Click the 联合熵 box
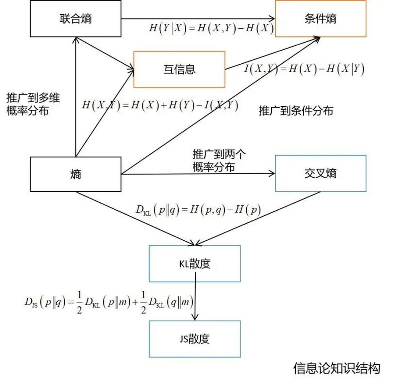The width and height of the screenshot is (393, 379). [x=76, y=19]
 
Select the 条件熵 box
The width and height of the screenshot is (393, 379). [x=320, y=19]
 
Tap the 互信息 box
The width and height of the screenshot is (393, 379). [x=179, y=69]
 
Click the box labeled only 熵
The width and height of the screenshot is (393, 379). [x=76, y=174]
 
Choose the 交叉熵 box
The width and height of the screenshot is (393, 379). [x=320, y=173]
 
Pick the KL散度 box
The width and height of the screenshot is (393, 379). [x=195, y=264]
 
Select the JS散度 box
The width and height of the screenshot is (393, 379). [x=195, y=339]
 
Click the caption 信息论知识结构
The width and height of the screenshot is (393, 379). [x=337, y=368]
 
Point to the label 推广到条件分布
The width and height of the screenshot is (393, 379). [x=296, y=111]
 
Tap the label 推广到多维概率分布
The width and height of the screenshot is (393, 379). [x=33, y=104]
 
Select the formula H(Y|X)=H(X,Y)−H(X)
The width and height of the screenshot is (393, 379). [x=211, y=28]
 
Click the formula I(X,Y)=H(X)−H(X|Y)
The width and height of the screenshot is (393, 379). [x=304, y=69]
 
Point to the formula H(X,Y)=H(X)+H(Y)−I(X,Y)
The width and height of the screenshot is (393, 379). [x=160, y=105]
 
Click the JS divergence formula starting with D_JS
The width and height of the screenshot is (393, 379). [x=109, y=302]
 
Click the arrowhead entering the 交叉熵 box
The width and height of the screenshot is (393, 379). [x=272, y=173]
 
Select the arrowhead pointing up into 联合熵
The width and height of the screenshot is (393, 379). [x=76, y=40]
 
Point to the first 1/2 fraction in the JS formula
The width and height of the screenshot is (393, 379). [x=79, y=302]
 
